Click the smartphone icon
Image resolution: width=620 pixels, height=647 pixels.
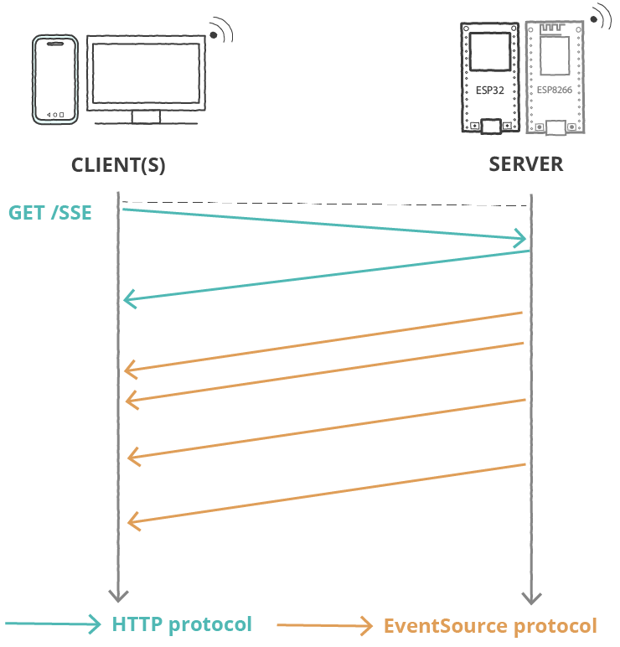tap(56, 80)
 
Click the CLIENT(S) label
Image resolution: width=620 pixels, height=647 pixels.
tap(118, 165)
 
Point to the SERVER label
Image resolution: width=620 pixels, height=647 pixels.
tap(526, 163)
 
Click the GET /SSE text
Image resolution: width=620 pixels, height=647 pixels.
tap(50, 213)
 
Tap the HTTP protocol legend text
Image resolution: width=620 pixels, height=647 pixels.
tap(182, 624)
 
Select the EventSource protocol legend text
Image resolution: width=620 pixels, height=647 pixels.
tap(490, 626)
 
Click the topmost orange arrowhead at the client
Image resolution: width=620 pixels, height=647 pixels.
tap(129, 369)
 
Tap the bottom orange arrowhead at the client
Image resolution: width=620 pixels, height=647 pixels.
tap(132, 521)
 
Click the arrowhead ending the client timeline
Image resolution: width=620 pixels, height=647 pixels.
tap(117, 596)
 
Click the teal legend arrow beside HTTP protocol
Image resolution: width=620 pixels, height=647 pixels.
tap(55, 624)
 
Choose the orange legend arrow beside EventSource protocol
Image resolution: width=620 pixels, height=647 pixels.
tap(325, 624)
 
